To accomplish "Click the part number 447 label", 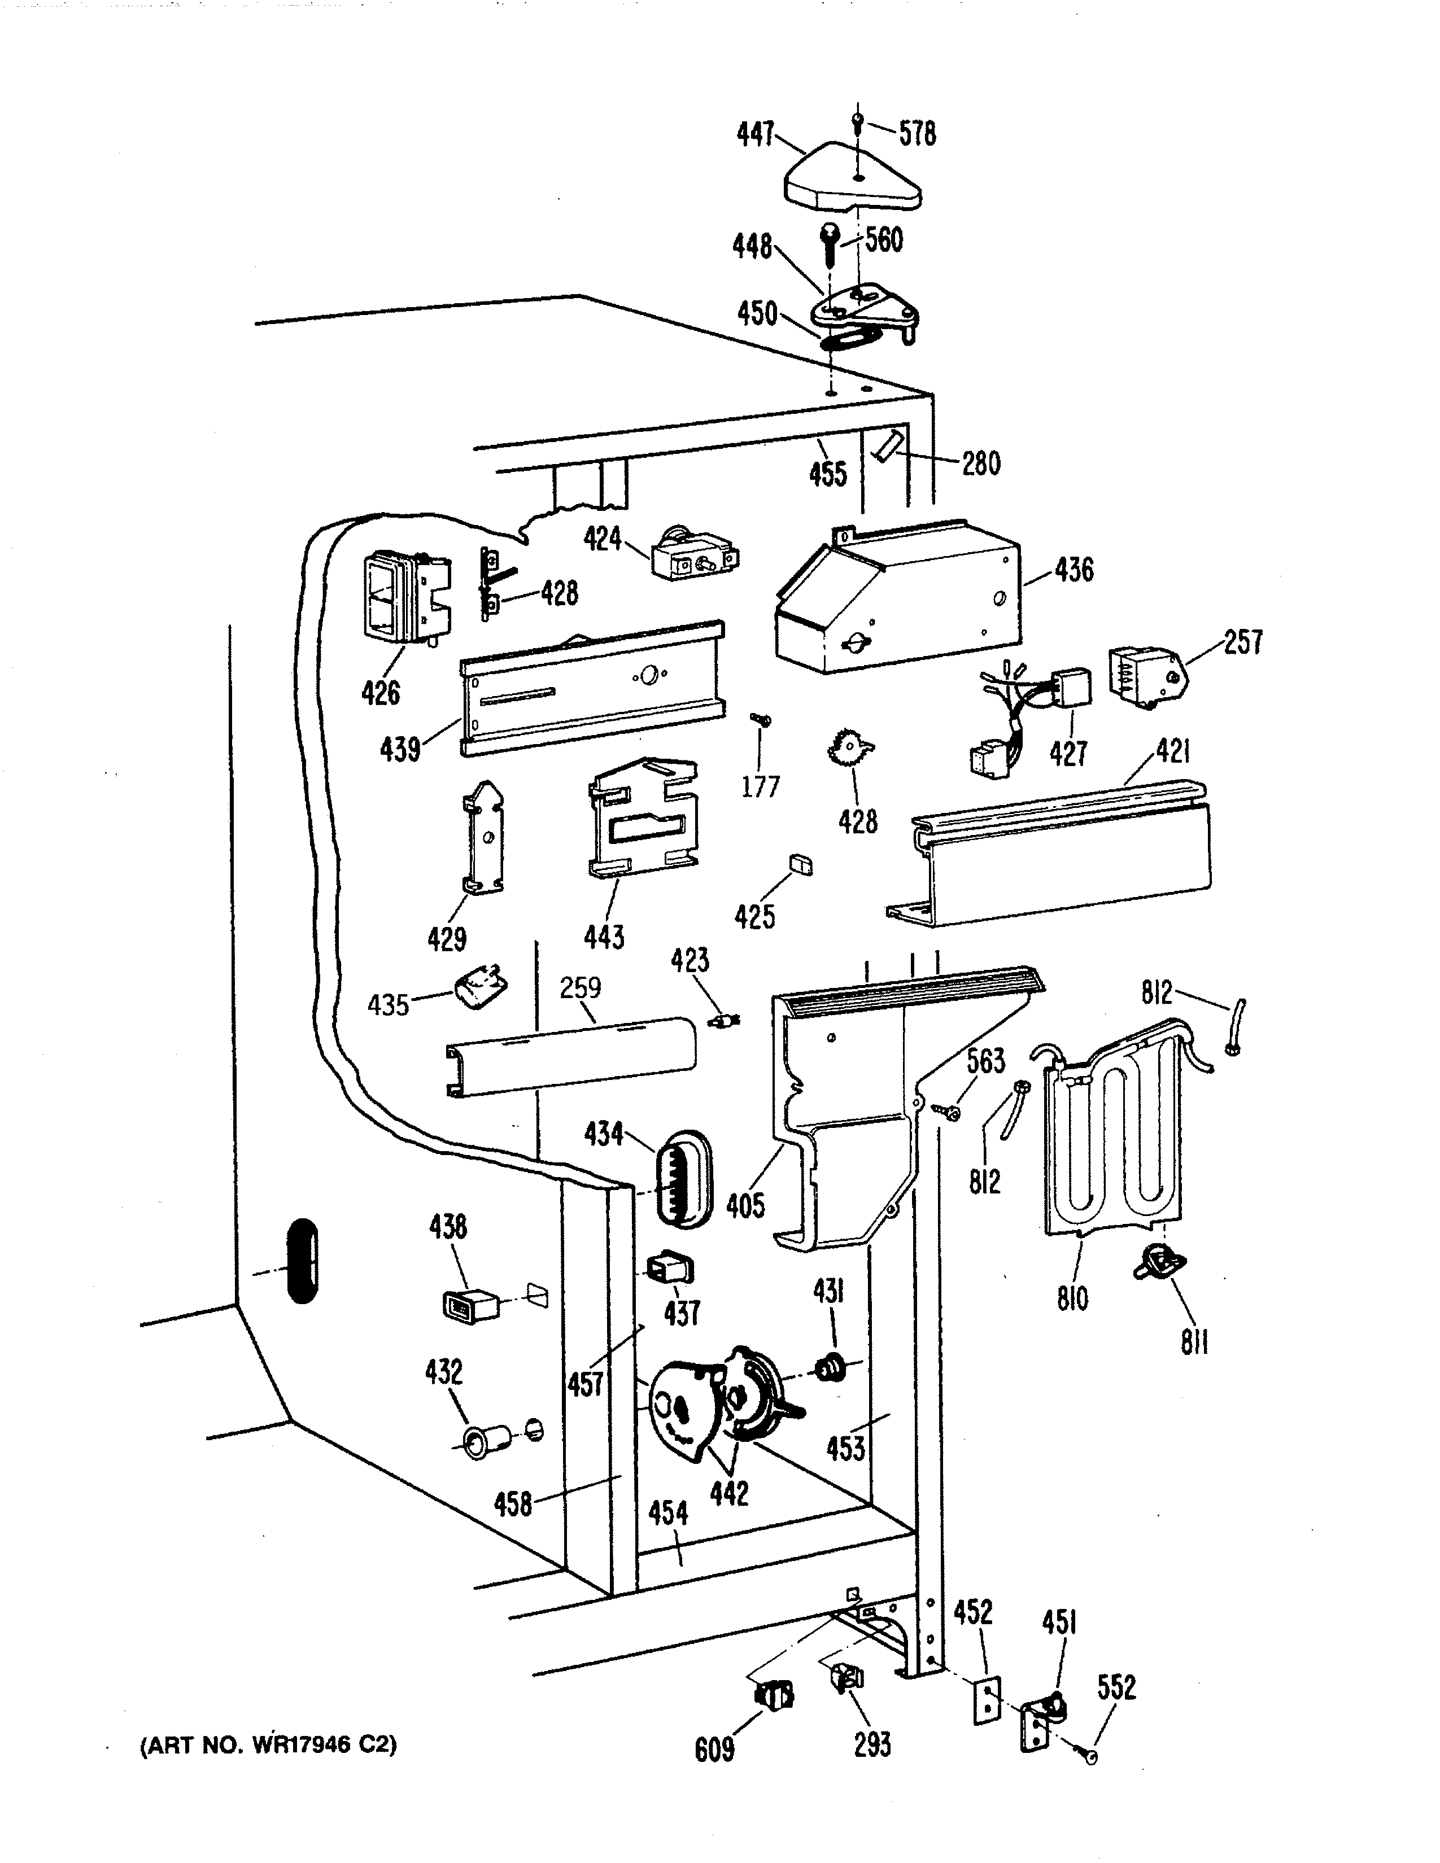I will [x=755, y=134].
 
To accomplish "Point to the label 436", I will [x=1073, y=570].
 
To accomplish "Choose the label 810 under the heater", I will [x=1072, y=1299].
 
